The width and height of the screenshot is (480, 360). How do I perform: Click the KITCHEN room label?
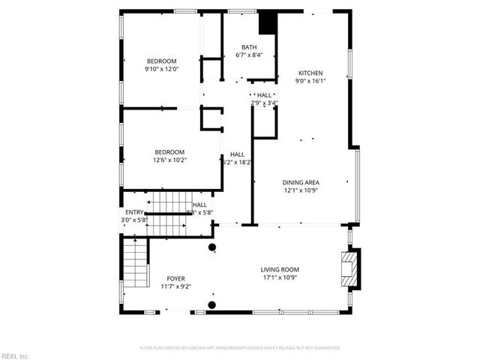point(310,73)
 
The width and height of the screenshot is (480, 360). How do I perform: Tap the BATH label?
point(249,47)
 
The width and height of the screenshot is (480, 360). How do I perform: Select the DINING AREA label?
point(301,182)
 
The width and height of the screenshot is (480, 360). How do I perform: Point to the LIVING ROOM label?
point(280,270)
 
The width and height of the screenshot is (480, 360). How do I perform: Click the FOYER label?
point(176,278)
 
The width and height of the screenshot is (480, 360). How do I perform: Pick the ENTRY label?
point(134,212)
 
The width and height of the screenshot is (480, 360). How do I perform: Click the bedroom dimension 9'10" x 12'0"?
point(161,69)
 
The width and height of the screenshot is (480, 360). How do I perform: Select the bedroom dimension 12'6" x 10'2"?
point(169,160)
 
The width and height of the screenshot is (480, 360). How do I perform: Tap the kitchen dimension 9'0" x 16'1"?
point(310,81)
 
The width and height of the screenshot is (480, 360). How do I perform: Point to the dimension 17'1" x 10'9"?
point(280,277)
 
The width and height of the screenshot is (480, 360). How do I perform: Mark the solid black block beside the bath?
point(266,22)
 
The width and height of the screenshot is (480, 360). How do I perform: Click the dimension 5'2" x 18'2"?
point(237,162)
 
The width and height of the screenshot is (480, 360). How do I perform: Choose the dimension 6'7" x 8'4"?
point(249,55)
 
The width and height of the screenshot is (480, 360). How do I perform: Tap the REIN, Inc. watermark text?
point(15,355)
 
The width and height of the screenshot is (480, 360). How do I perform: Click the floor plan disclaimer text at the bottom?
point(240,348)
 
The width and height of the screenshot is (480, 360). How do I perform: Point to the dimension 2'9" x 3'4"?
point(264,103)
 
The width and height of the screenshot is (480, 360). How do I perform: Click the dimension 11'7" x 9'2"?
point(176,286)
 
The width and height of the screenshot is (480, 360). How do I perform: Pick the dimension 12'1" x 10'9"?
point(301,190)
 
